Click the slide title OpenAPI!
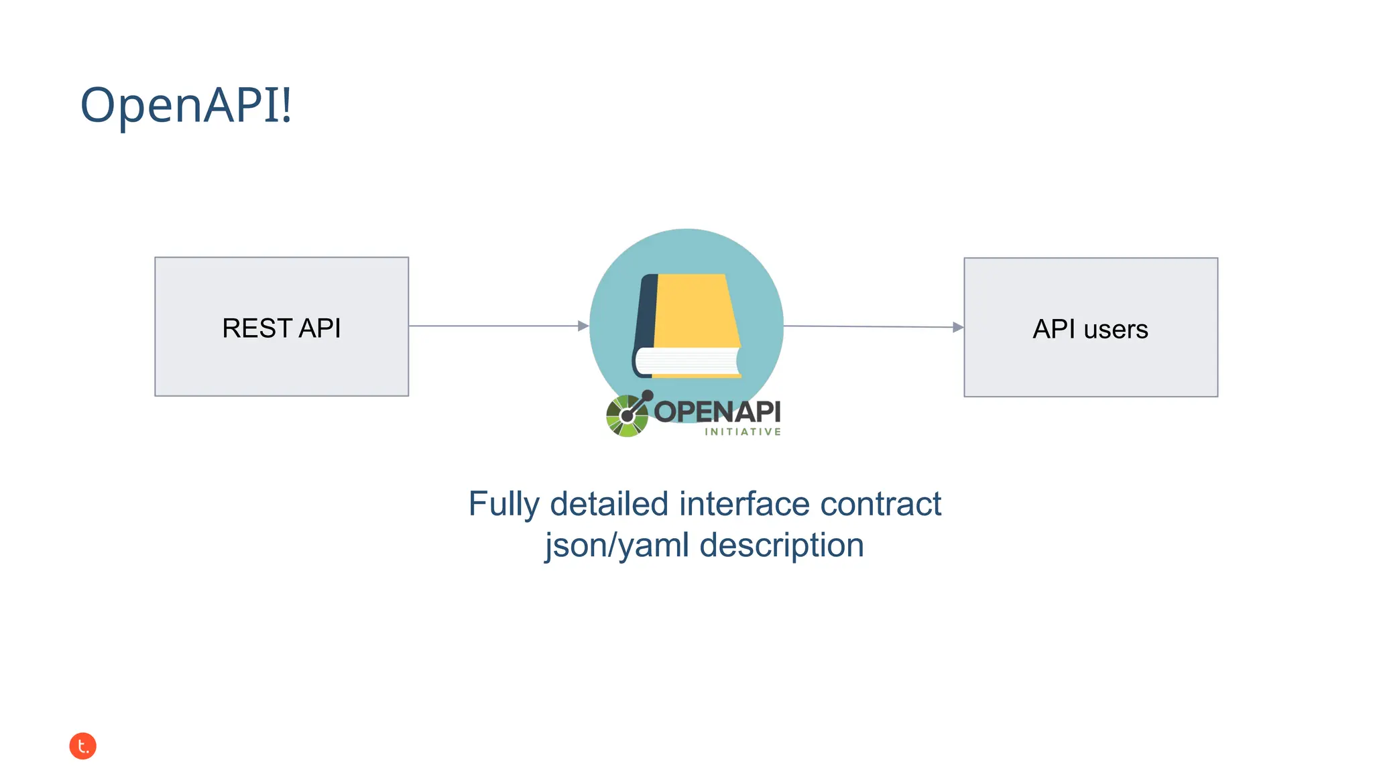pyautogui.click(x=186, y=105)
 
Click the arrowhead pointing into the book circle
pyautogui.click(x=583, y=326)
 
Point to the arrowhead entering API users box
pyautogui.click(x=958, y=328)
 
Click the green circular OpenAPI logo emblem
pyautogui.click(x=627, y=416)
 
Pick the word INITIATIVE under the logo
pyautogui.click(x=743, y=432)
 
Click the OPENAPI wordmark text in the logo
pyautogui.click(x=717, y=411)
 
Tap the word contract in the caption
pyautogui.click(x=880, y=504)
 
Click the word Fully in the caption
pyautogui.click(x=503, y=504)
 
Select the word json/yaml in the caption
pyautogui.click(x=617, y=545)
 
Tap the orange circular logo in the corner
pyautogui.click(x=83, y=746)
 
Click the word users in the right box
pyautogui.click(x=1116, y=330)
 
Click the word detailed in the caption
pyautogui.click(x=609, y=504)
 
